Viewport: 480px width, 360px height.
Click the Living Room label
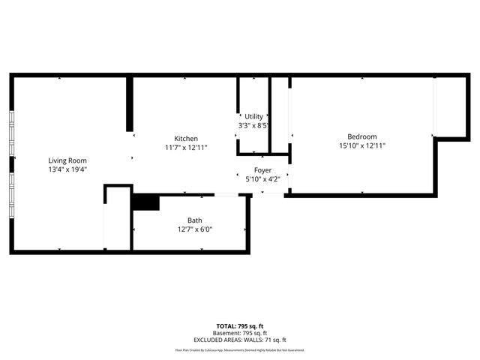coord(67,160)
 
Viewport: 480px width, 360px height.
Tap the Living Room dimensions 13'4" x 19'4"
coord(67,169)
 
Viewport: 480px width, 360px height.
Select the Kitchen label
coord(186,139)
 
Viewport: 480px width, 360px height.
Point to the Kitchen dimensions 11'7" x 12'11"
coord(186,148)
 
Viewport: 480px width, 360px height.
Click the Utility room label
coord(253,116)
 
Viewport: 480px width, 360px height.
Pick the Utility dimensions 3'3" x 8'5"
coord(253,125)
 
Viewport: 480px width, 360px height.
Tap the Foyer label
coord(262,170)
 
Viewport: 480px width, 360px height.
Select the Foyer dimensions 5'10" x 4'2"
coord(262,179)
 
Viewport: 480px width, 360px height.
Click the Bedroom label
coord(361,136)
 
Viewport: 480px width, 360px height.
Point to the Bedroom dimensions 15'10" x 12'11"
coord(361,145)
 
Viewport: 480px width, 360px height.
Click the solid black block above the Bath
coord(145,202)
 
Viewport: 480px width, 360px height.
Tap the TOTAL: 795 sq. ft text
coord(240,326)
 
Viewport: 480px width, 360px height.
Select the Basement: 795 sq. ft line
coord(240,333)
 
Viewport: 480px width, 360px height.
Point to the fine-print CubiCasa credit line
coord(240,349)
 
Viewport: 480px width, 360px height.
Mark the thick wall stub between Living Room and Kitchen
coord(129,105)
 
